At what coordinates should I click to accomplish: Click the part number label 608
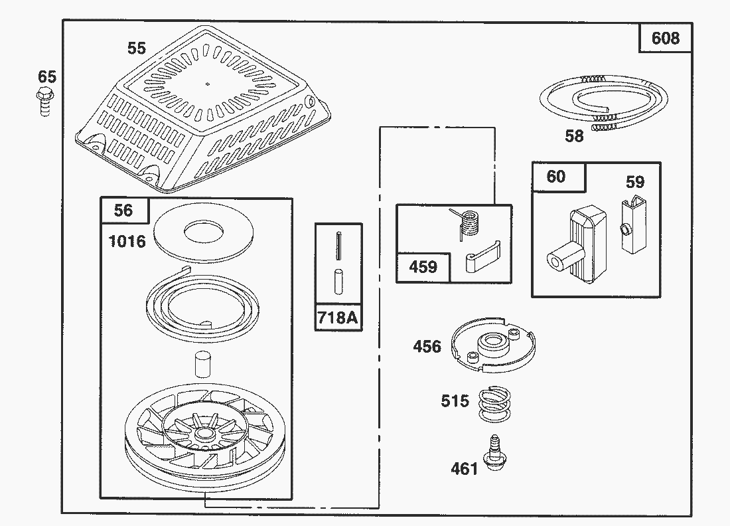tap(665, 39)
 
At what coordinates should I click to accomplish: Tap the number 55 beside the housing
tap(137, 48)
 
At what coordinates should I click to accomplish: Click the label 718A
tap(338, 317)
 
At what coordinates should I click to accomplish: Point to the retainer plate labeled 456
tap(491, 345)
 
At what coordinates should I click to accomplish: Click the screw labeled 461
tap(492, 454)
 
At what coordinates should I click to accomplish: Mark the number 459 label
tap(423, 267)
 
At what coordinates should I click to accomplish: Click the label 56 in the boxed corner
tap(123, 211)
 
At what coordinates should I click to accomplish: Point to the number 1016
tap(127, 240)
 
